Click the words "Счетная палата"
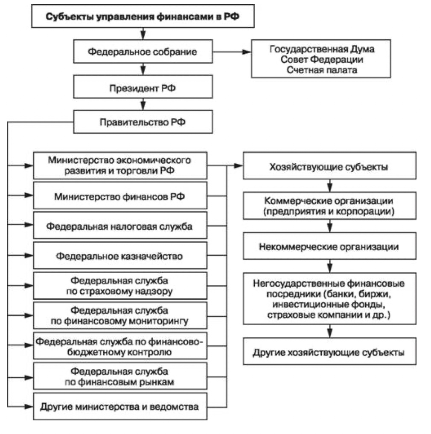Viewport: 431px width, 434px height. pyautogui.click(x=322, y=70)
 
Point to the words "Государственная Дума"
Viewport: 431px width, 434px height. pyautogui.click(x=322, y=49)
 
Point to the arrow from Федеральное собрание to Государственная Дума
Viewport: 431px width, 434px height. pyautogui.click(x=232, y=52)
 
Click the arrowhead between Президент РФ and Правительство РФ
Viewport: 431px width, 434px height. pyautogui.click(x=143, y=106)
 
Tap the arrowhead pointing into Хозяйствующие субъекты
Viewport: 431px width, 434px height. pyautogui.click(x=239, y=166)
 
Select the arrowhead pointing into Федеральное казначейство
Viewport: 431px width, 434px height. pyautogui.click(x=29, y=255)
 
